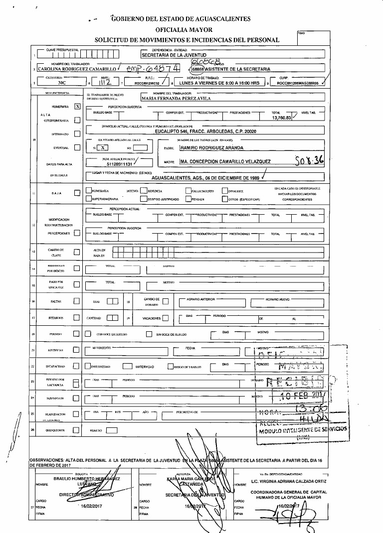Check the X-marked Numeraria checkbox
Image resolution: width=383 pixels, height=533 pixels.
(x=77, y=106)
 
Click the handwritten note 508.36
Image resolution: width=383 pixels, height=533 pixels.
(x=309, y=161)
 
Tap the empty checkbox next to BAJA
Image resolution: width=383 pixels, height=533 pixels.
(x=77, y=193)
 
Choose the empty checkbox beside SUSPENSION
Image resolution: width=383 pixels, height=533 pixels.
(x=77, y=398)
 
